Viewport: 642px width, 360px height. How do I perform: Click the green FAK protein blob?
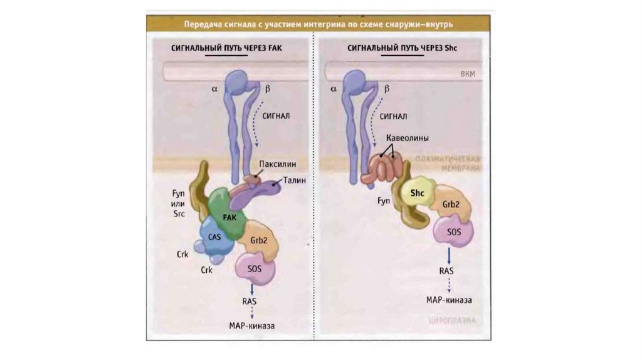coord(226,214)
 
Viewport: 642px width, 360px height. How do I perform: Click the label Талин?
coord(294,180)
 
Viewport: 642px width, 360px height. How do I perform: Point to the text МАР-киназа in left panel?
coord(252,326)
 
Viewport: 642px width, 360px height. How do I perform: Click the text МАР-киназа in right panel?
coord(449,300)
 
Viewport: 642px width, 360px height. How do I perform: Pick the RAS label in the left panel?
coord(250,302)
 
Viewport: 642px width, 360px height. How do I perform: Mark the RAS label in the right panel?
coord(447,270)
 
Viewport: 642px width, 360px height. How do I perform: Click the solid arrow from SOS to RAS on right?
coord(449,255)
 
